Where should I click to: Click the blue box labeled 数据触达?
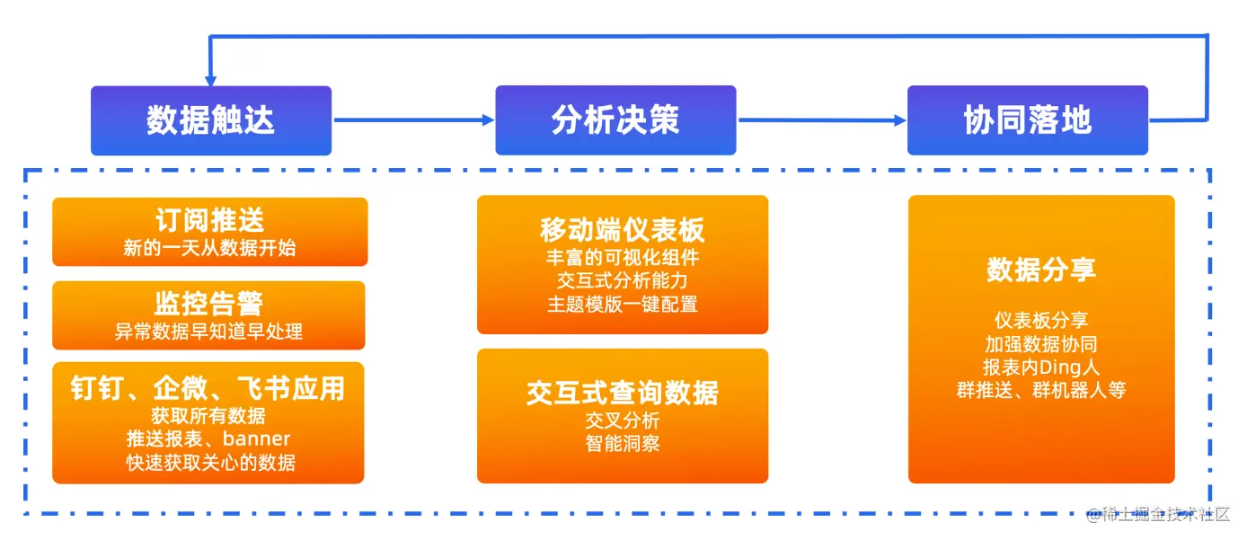tap(211, 120)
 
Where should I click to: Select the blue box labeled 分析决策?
tap(615, 120)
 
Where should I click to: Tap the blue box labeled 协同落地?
tap(1027, 120)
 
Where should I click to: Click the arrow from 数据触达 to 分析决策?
tap(413, 120)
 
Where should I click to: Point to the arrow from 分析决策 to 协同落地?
tap(821, 120)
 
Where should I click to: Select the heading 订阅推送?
tap(210, 220)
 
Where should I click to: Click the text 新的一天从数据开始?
tap(210, 248)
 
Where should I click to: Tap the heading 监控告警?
tap(208, 303)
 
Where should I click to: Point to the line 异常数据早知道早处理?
tap(208, 332)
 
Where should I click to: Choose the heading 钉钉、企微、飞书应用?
tap(208, 388)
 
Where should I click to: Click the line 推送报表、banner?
tap(208, 439)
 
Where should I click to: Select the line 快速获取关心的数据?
tap(208, 463)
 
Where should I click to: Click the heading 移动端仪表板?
tap(623, 230)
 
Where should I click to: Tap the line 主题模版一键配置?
tap(623, 305)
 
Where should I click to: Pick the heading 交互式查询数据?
tap(623, 393)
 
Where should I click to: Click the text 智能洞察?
tap(623, 443)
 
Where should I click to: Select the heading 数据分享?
tap(1041, 270)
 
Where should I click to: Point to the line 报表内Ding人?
tap(1041, 367)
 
